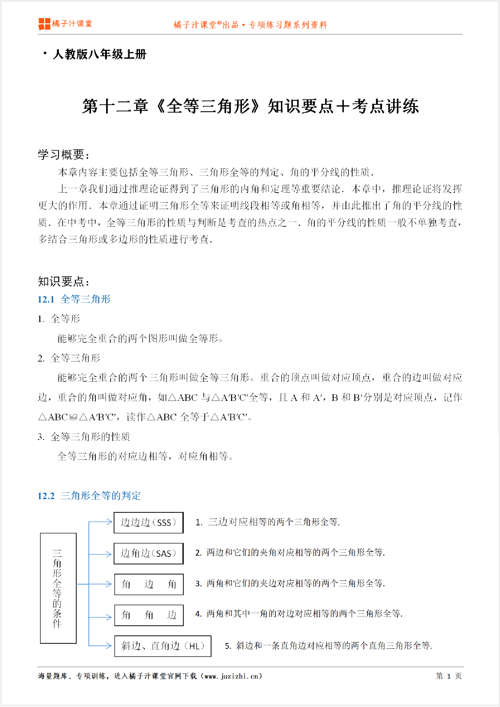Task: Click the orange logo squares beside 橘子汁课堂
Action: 44,24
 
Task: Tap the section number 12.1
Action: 46,299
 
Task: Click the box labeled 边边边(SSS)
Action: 148,522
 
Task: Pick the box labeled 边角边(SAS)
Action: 148,553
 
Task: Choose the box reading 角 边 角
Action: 149,584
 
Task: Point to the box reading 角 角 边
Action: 149,615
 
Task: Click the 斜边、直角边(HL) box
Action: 163,646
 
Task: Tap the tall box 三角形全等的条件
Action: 58,588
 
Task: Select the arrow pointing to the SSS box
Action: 105,522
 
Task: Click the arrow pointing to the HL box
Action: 105,646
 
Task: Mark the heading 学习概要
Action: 63,155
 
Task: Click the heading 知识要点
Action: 63,281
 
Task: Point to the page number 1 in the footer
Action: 449,676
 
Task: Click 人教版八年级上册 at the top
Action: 100,54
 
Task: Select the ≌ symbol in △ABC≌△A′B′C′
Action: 73,417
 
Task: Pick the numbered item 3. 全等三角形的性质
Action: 84,437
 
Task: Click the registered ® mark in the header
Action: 219,23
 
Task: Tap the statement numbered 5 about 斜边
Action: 328,646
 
